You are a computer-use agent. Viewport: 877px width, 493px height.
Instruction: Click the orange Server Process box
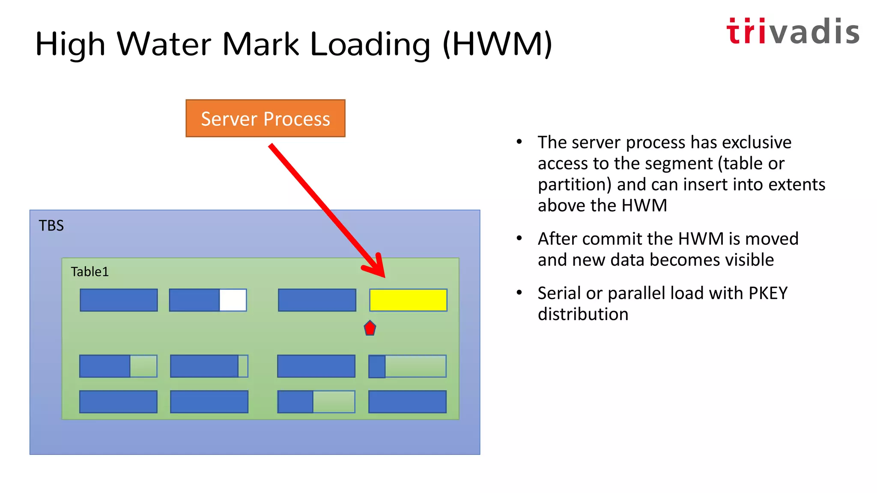point(265,119)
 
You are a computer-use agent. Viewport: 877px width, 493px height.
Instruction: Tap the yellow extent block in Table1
point(408,300)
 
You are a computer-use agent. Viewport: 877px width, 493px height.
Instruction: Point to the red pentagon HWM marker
point(370,328)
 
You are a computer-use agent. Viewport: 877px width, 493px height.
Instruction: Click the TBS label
point(51,226)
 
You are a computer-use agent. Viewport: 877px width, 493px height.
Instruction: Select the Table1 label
point(90,272)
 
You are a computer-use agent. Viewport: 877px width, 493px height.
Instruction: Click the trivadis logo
point(793,32)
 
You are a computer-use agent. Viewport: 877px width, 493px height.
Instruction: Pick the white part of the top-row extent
point(233,300)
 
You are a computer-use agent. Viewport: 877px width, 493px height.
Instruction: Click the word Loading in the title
point(370,45)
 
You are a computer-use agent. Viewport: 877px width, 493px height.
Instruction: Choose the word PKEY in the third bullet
point(768,293)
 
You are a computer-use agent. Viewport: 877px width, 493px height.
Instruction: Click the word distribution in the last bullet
point(583,314)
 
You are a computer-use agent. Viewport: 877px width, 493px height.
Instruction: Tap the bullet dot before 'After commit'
point(519,238)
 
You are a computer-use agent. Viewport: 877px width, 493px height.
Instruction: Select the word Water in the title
point(164,45)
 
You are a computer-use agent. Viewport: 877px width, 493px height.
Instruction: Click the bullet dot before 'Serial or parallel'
point(519,293)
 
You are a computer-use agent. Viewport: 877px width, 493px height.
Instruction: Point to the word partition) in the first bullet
point(575,185)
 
